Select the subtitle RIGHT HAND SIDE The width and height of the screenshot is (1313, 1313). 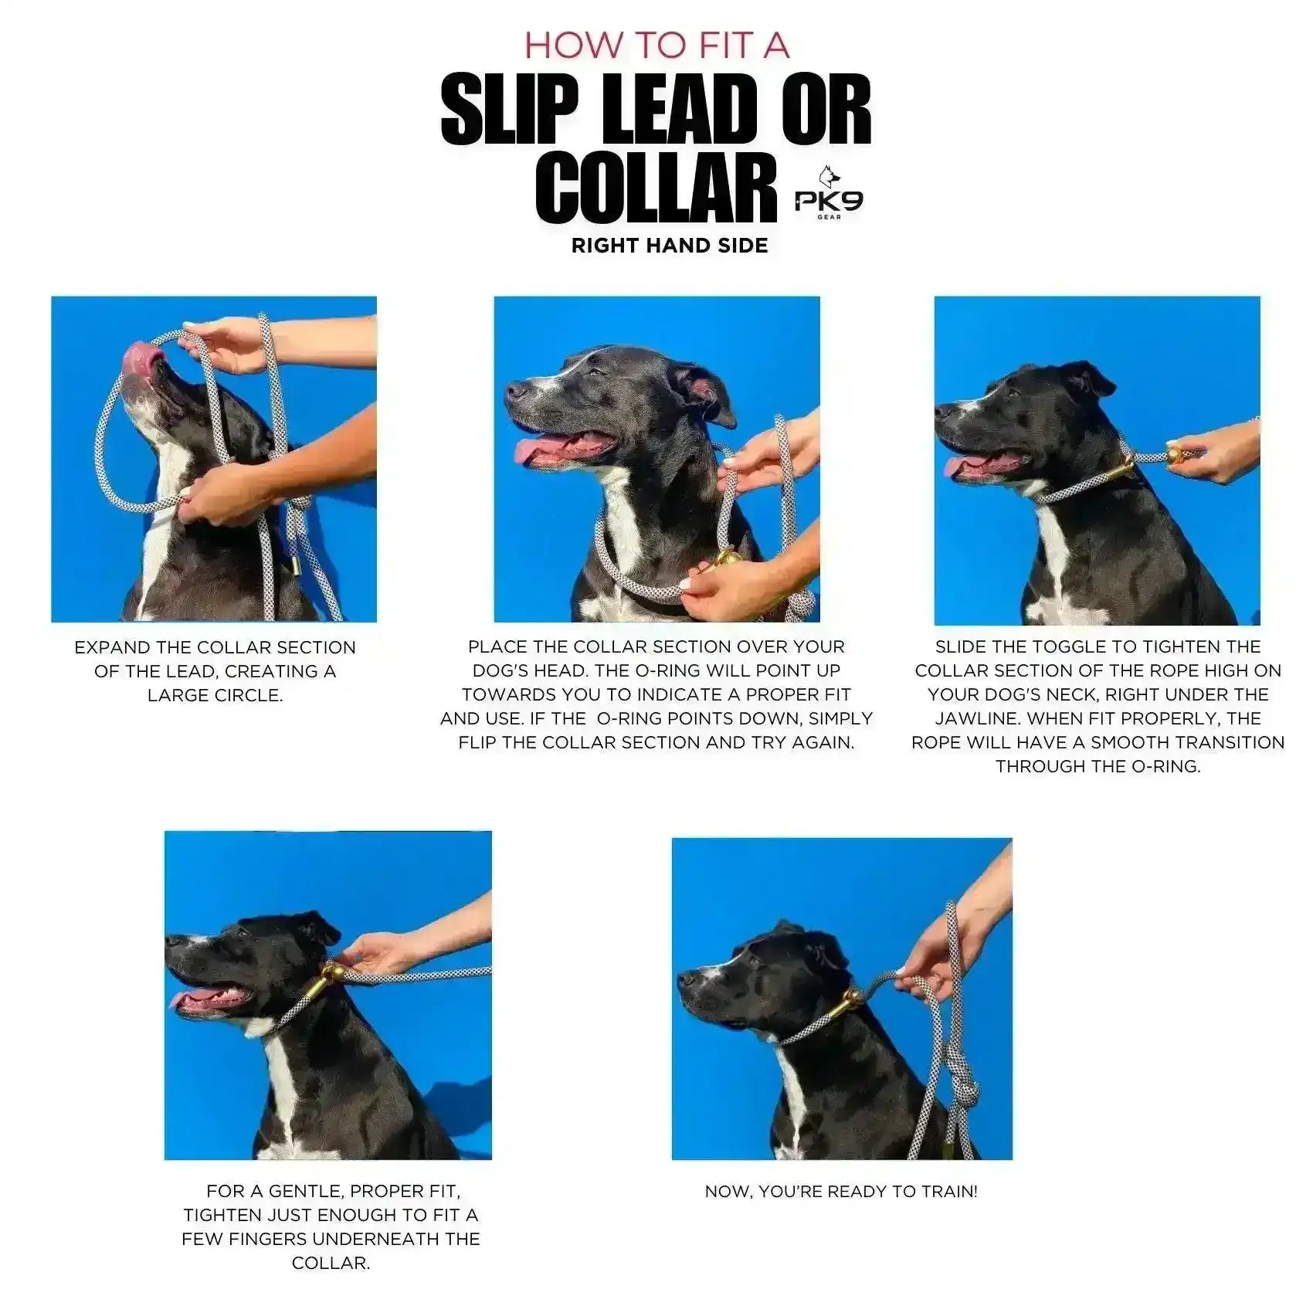[670, 246]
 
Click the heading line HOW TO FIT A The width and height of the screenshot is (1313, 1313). [656, 45]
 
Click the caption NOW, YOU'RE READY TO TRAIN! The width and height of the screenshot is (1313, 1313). [841, 1191]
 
